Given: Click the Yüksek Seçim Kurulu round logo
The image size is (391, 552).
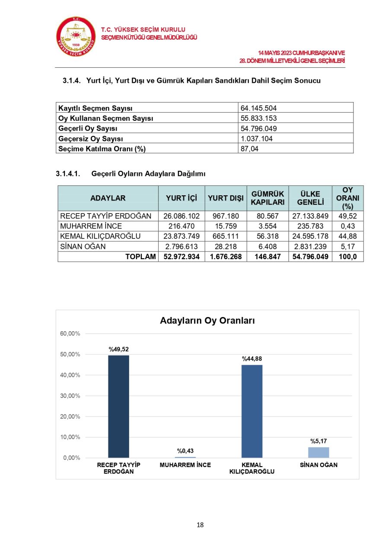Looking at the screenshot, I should click(x=76, y=37).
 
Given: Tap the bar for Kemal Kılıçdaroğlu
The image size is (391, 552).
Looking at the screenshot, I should click(x=252, y=411).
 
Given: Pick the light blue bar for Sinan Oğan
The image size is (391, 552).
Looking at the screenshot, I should click(x=318, y=452).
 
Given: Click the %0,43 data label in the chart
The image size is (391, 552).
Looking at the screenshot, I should click(x=185, y=451).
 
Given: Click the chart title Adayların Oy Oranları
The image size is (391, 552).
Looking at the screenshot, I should click(x=207, y=321).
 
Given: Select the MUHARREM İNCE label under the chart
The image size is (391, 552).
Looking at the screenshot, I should click(x=185, y=465).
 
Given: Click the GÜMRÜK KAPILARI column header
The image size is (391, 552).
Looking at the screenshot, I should click(x=267, y=198).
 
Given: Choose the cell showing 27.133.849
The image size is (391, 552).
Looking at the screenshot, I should click(x=310, y=216).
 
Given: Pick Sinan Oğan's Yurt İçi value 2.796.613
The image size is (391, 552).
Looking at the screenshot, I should click(x=181, y=247).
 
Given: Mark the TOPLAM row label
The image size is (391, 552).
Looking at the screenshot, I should click(x=140, y=257).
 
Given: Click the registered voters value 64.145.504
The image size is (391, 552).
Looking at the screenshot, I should click(x=259, y=108).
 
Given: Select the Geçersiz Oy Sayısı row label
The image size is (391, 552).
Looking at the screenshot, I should click(x=91, y=139).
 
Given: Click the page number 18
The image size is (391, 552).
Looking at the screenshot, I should click(x=200, y=525).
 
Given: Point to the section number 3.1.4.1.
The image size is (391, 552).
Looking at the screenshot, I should click(x=68, y=174).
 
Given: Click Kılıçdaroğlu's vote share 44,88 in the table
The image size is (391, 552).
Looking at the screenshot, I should click(x=347, y=236).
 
